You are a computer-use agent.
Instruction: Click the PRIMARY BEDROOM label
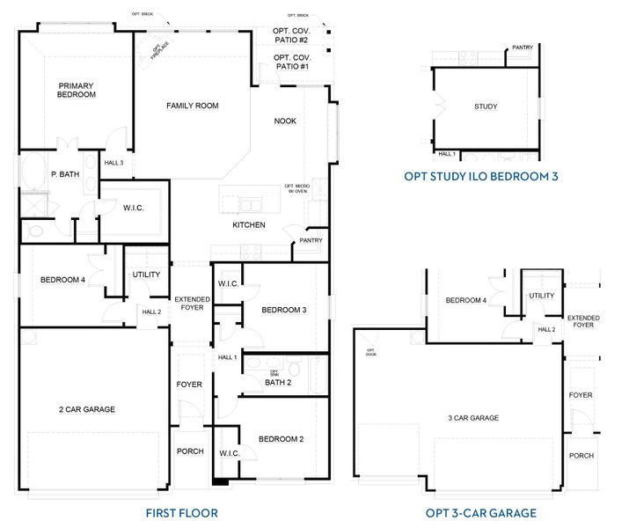(76, 90)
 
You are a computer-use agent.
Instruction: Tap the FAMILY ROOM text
(192, 106)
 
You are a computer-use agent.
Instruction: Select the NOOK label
(285, 121)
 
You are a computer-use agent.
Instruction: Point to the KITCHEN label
(248, 225)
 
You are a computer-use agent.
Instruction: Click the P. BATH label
(60, 174)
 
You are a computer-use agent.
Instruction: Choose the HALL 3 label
(114, 163)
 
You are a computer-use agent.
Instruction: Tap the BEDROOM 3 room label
(283, 310)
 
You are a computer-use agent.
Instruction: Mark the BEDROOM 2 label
(282, 439)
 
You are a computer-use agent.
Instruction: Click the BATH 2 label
(277, 382)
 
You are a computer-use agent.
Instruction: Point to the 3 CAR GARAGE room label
(474, 418)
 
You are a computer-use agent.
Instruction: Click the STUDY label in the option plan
(486, 106)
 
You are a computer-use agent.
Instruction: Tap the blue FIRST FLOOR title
(181, 513)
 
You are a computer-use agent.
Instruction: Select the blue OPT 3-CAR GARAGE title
(480, 513)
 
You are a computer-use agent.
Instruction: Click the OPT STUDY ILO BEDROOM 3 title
(481, 176)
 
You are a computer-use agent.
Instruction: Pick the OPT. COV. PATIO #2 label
(291, 36)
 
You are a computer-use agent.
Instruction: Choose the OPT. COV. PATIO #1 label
(291, 62)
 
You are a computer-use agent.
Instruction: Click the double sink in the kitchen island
(248, 206)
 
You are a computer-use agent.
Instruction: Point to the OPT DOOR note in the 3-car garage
(370, 352)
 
